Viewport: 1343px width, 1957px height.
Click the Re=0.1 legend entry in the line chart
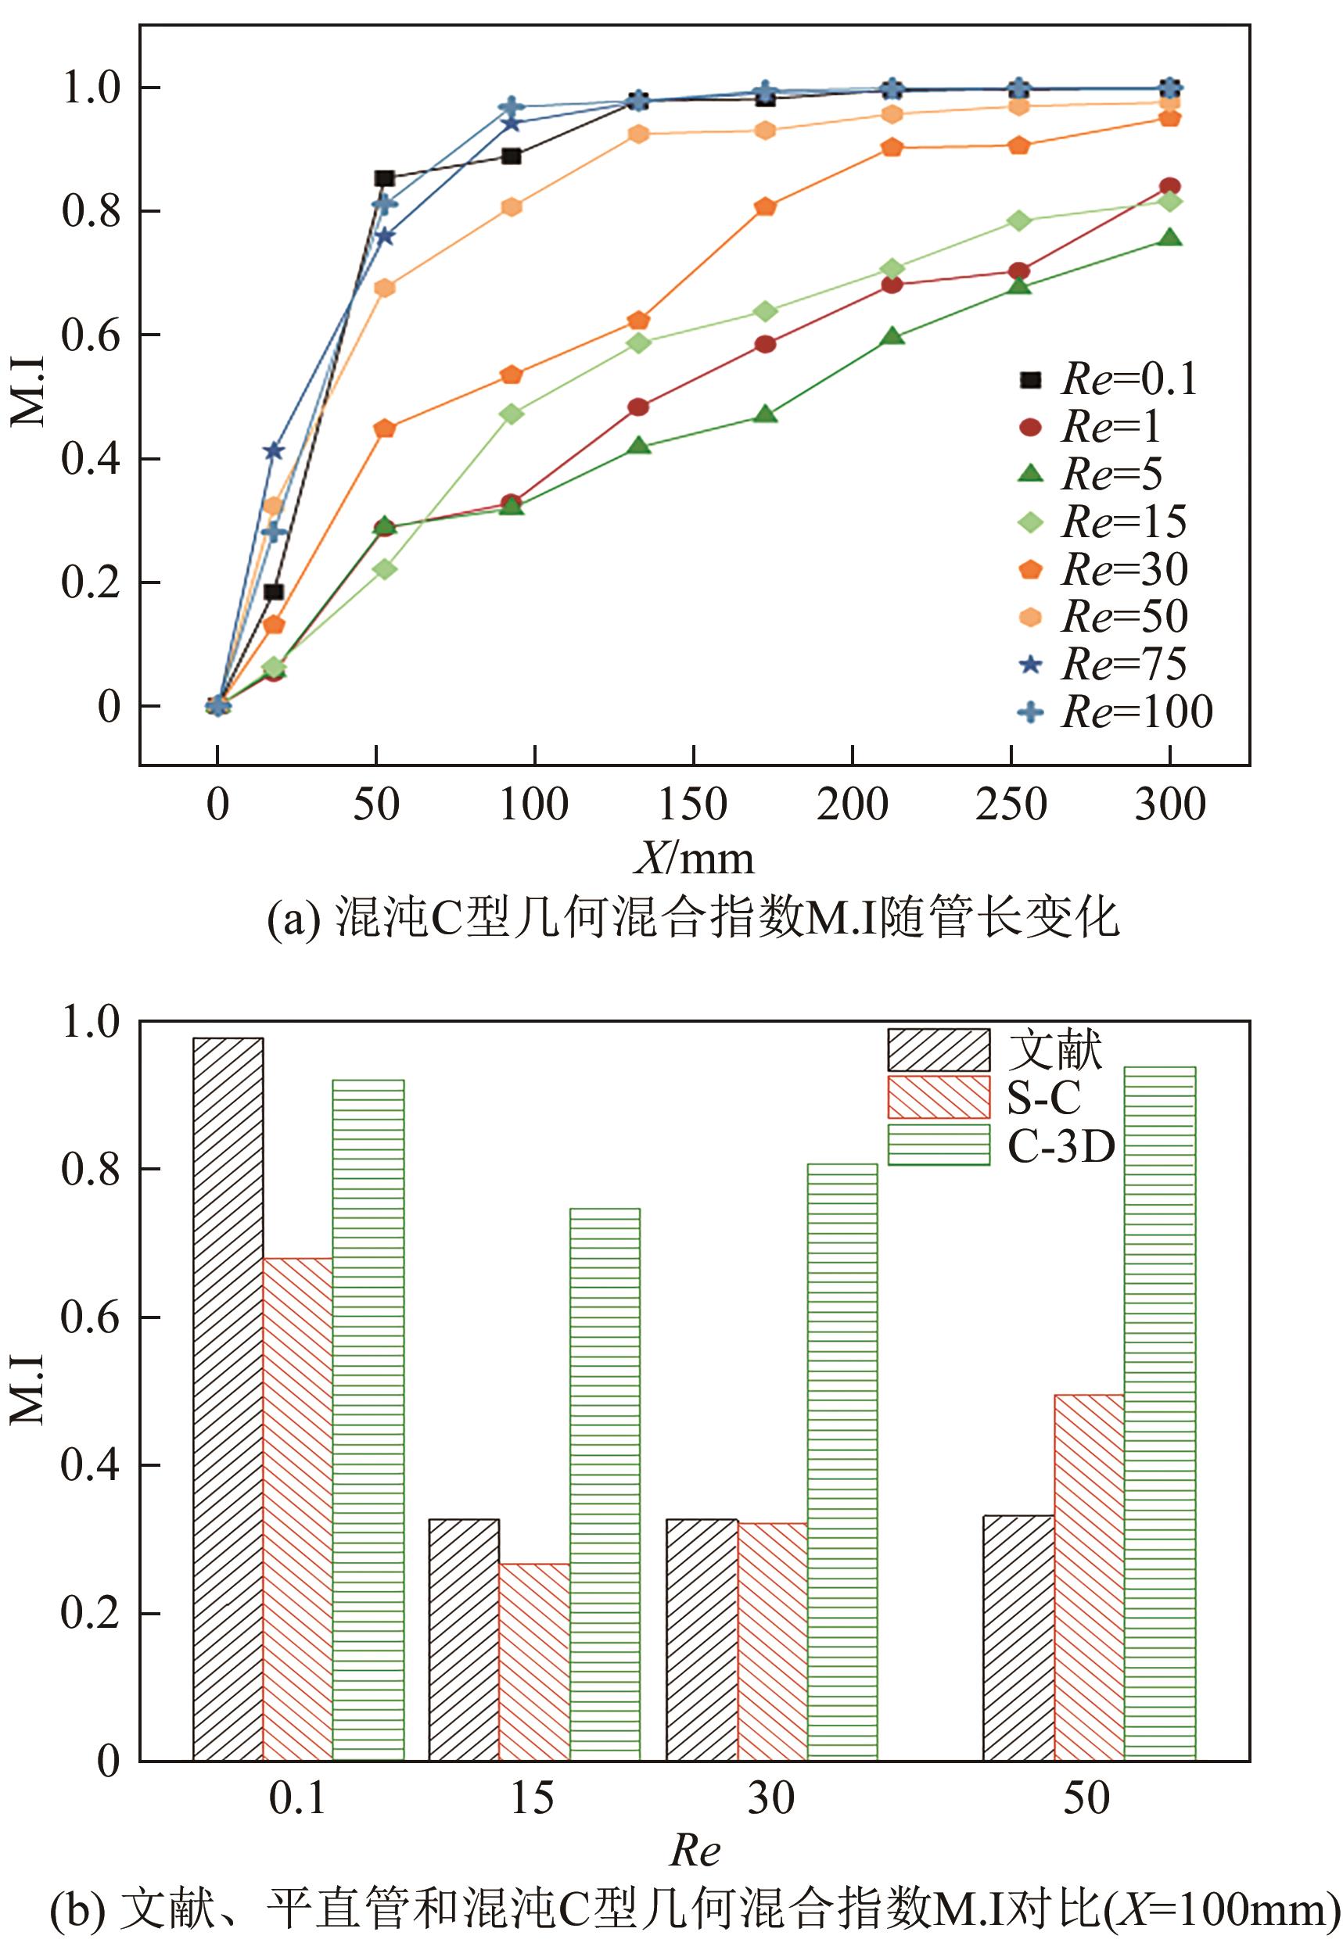1108,380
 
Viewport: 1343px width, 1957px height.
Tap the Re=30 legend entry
1104,570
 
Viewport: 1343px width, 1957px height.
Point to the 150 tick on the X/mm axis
692,805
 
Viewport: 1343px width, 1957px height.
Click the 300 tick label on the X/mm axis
1169,805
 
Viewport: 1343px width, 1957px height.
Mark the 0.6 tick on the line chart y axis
91,335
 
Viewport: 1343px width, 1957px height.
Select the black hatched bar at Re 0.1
228,1398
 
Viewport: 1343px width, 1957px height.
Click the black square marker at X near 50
384,178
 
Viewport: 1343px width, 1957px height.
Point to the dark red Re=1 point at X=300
1169,187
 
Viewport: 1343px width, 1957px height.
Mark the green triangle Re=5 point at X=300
1169,238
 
